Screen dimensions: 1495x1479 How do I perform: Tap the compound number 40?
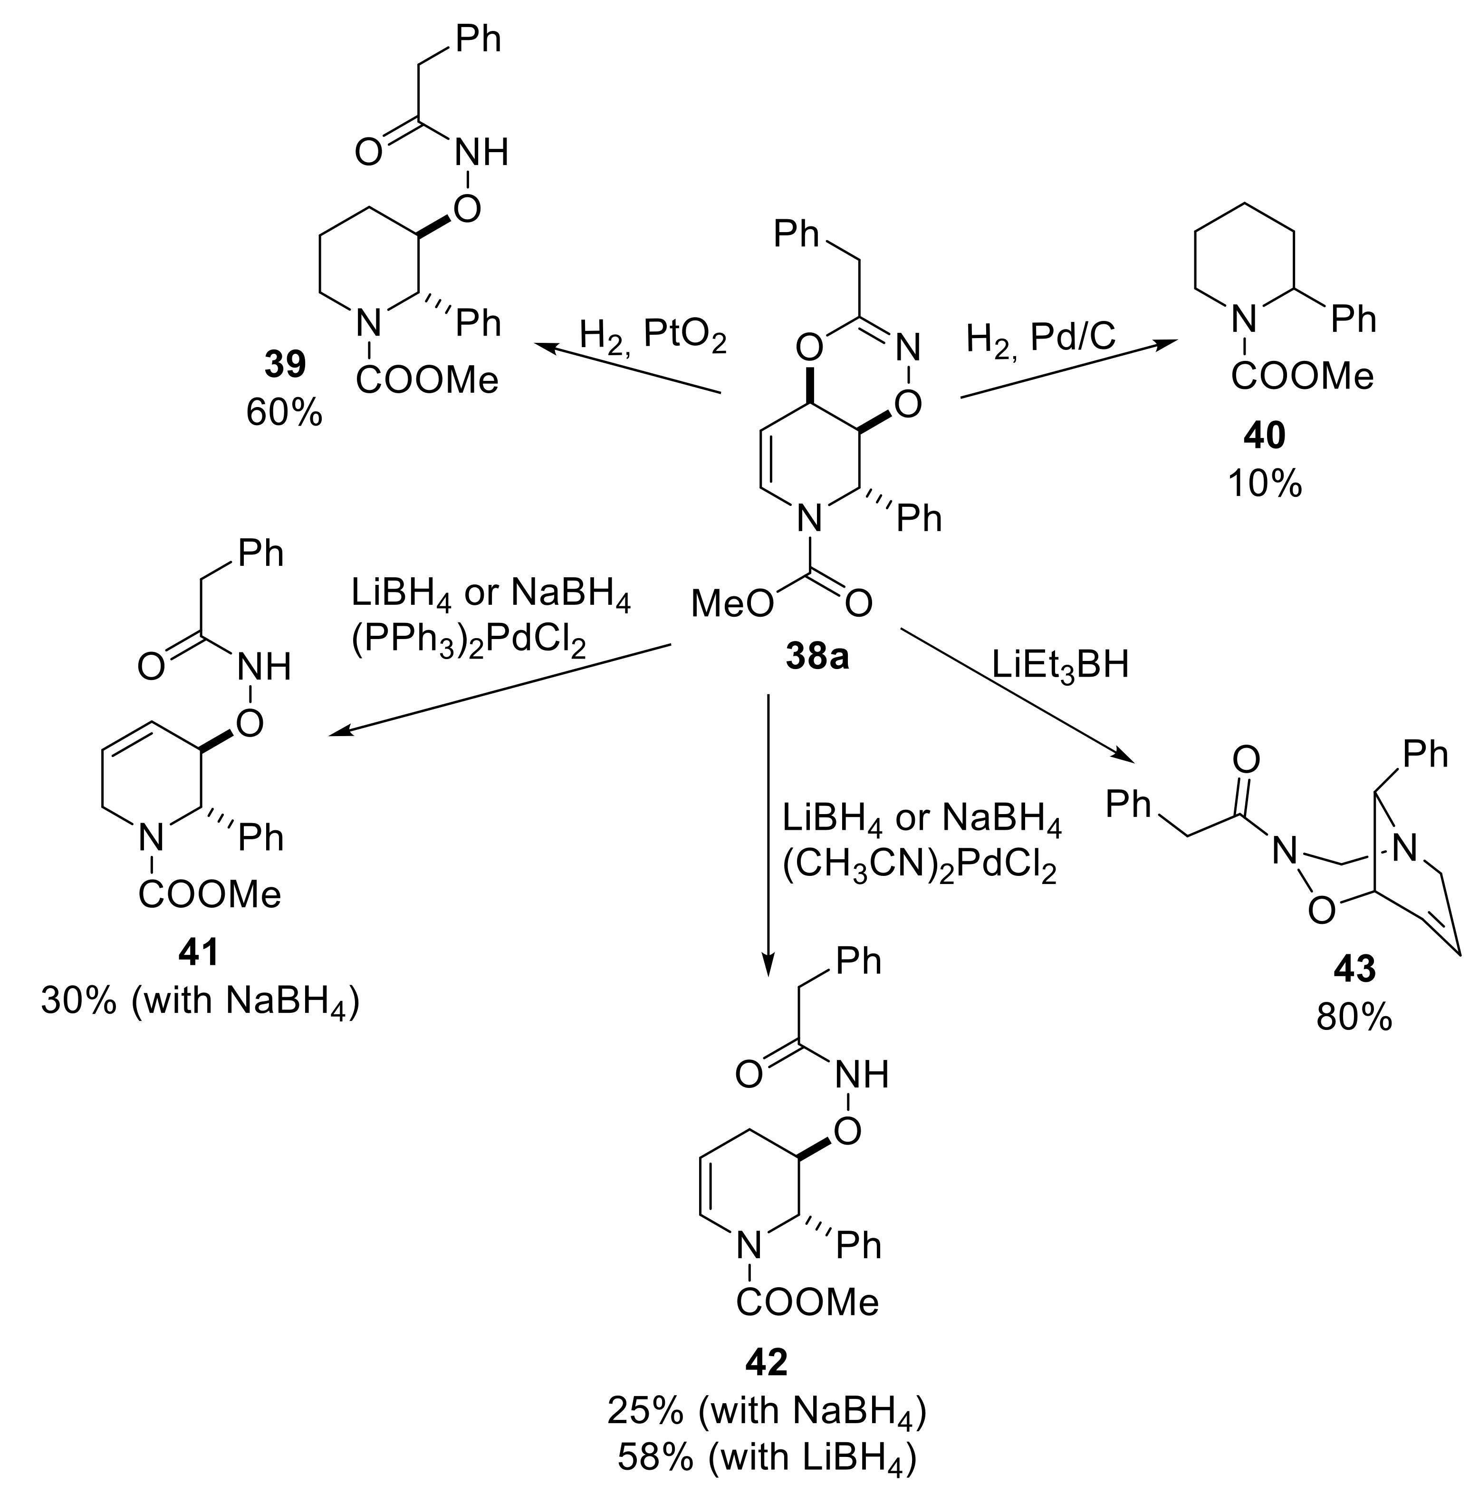(1265, 437)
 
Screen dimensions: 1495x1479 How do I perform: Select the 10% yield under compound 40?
(1265, 485)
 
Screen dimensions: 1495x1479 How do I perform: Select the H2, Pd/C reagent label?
(1040, 338)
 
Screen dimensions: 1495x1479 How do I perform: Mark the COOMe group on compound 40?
(1302, 377)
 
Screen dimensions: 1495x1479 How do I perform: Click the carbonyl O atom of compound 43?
(1245, 761)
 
